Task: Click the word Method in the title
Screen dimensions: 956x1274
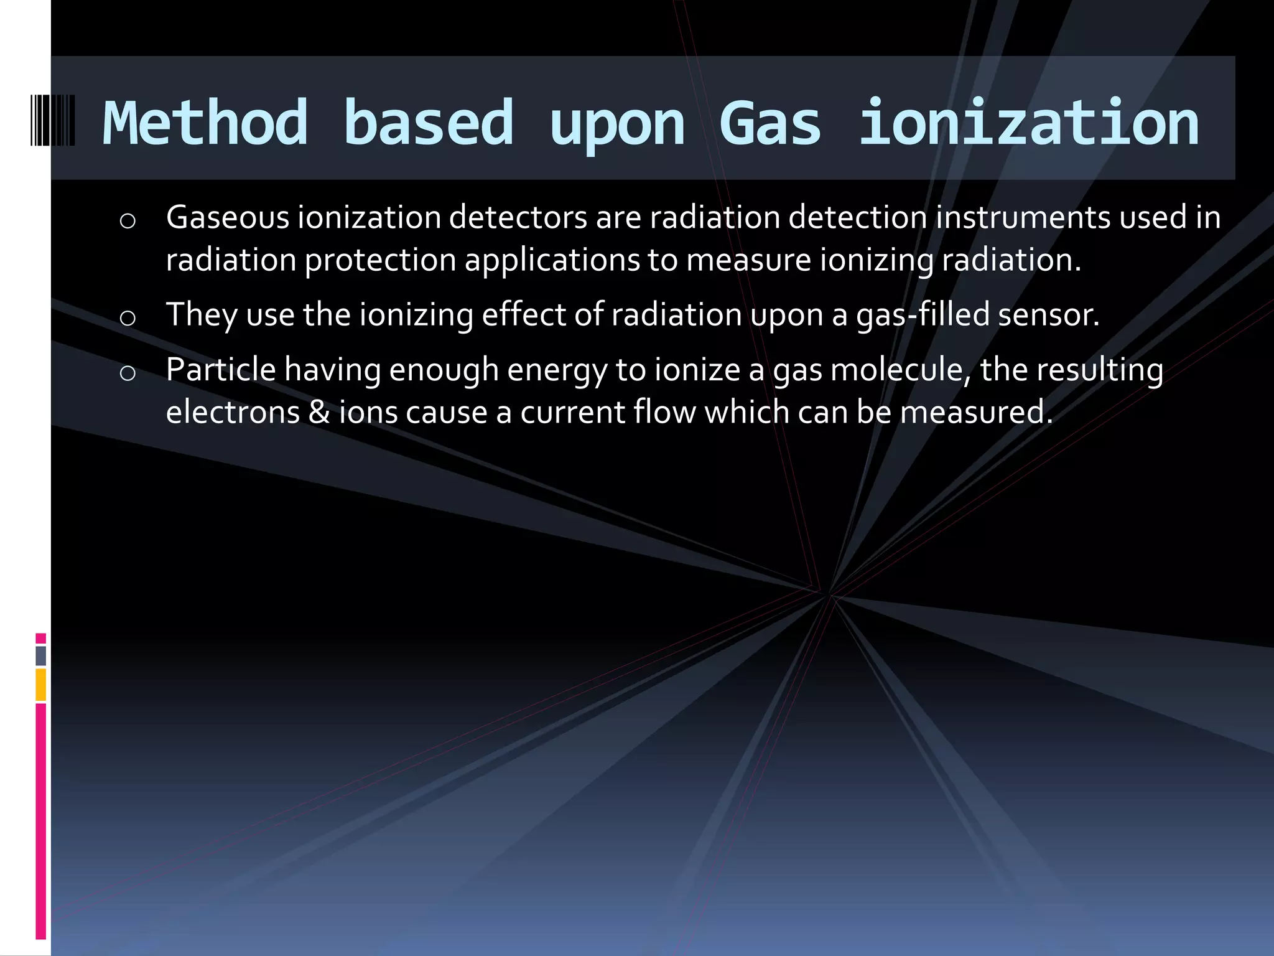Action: pyautogui.click(x=205, y=123)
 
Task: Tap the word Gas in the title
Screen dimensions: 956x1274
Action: pyautogui.click(x=770, y=123)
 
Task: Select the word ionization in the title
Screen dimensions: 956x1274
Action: pyautogui.click(x=1029, y=123)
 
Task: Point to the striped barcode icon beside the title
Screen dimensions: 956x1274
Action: pyautogui.click(x=53, y=120)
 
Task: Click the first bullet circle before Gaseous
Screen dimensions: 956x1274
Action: pyautogui.click(x=128, y=222)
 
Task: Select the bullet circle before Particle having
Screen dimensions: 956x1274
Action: pyautogui.click(x=128, y=373)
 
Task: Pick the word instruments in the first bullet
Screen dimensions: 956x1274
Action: pyautogui.click(x=1023, y=218)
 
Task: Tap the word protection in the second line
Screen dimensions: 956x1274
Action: pyautogui.click(x=380, y=260)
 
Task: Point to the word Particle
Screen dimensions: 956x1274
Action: pyautogui.click(x=221, y=370)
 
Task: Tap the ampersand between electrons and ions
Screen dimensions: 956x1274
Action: pyautogui.click(x=319, y=412)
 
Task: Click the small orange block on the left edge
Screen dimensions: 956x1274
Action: pyautogui.click(x=41, y=685)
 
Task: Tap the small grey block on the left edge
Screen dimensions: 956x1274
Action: pyautogui.click(x=41, y=656)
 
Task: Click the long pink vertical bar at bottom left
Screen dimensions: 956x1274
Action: pyautogui.click(x=41, y=822)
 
